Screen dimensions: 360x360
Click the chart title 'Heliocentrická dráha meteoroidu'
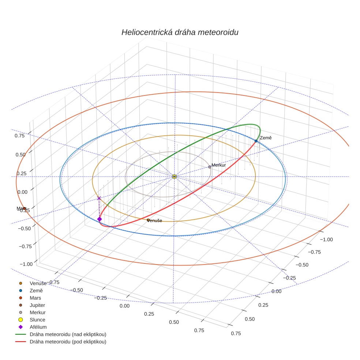tap(180, 32)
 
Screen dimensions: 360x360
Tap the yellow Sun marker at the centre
tap(175, 177)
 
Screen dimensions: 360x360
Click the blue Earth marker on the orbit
tap(256, 141)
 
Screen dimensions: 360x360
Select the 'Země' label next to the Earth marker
tap(266, 138)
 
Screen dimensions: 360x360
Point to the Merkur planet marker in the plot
tap(210, 167)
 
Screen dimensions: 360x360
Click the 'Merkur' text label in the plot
tap(219, 165)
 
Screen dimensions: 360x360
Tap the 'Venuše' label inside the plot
tap(154, 221)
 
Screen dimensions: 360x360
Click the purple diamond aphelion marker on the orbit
tap(99, 219)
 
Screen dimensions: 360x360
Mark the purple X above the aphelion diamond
tap(99, 198)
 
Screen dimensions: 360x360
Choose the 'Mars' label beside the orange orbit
tap(20, 209)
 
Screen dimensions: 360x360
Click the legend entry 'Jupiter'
tap(37, 305)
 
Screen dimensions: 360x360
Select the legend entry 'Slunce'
tap(37, 320)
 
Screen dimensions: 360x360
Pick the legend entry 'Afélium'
tap(38, 327)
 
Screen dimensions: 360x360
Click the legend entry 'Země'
tap(36, 290)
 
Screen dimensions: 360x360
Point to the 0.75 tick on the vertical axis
tap(20, 135)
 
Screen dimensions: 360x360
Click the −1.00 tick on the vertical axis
tap(25, 264)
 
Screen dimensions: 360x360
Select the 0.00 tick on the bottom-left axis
tap(124, 306)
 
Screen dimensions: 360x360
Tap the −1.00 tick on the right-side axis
tap(326, 239)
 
